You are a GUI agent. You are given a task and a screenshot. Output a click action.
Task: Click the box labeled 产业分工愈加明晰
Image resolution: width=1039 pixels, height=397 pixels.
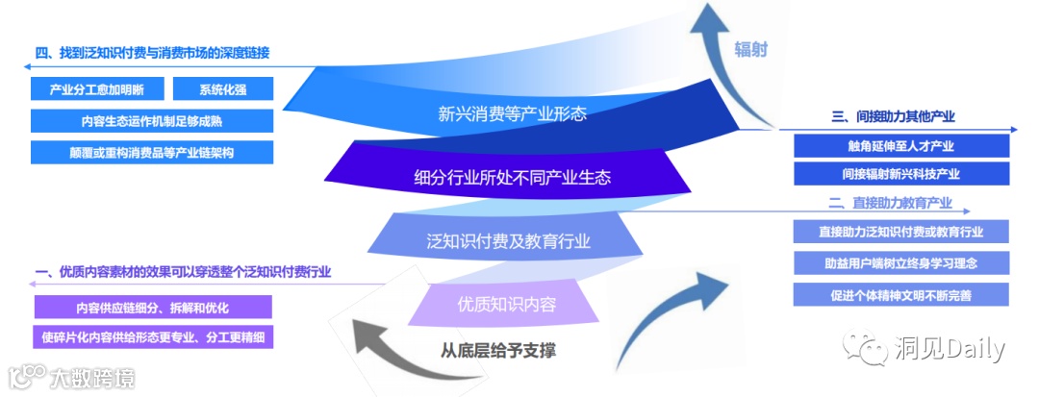(x=97, y=89)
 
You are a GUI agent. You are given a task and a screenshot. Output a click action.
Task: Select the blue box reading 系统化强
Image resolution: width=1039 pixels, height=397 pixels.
(x=223, y=89)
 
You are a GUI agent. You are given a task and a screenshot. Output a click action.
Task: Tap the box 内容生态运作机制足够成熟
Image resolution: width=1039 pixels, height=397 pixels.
(x=152, y=121)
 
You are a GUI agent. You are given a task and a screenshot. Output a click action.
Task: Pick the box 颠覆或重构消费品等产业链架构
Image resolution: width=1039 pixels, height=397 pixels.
(x=152, y=153)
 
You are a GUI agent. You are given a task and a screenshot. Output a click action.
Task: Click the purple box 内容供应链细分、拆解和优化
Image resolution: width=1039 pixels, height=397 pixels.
(x=152, y=307)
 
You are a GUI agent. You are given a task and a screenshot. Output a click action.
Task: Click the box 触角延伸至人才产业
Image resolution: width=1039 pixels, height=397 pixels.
(x=901, y=146)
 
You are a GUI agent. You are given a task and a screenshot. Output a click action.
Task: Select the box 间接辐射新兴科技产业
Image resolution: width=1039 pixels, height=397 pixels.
(x=901, y=174)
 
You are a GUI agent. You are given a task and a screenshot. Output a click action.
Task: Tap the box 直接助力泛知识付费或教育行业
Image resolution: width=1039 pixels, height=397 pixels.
(x=901, y=232)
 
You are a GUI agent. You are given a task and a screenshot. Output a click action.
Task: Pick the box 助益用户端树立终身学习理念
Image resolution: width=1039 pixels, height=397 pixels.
(x=901, y=262)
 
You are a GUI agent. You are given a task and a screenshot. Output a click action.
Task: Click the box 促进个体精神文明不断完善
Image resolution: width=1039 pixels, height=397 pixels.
(x=901, y=294)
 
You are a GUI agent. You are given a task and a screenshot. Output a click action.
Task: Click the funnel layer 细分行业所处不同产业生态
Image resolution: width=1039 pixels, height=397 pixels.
(x=512, y=177)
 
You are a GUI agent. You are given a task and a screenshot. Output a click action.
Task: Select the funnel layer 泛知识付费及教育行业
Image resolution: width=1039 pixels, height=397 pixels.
(x=508, y=240)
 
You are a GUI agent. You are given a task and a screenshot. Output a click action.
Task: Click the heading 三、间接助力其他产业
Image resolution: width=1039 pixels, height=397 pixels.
(x=893, y=117)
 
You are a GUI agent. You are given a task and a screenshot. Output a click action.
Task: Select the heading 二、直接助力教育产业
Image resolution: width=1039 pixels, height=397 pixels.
(x=890, y=203)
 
